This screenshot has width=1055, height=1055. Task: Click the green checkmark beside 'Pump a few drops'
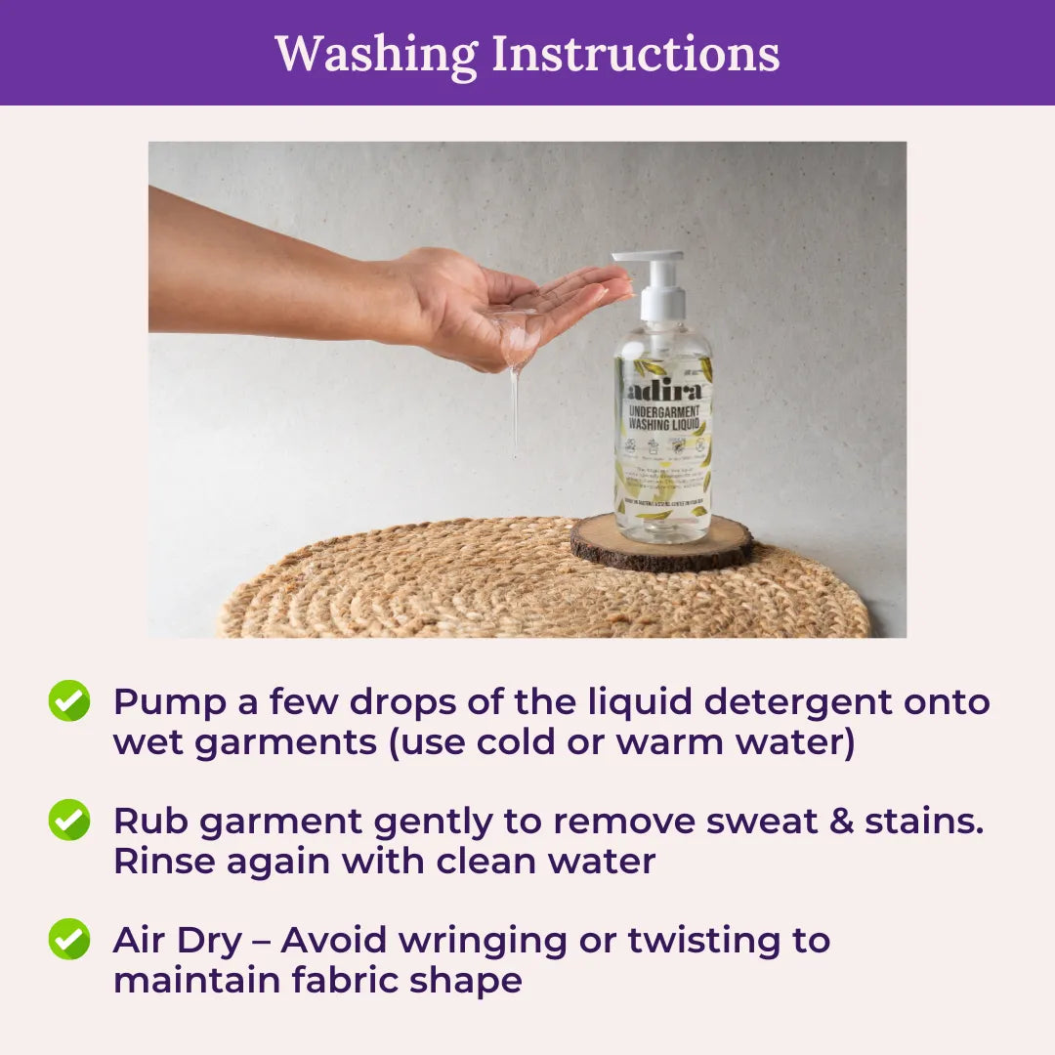point(69,701)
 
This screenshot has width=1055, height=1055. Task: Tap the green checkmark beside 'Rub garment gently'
point(69,820)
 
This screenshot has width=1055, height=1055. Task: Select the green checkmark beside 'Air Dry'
point(69,939)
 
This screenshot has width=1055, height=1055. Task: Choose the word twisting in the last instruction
point(695,941)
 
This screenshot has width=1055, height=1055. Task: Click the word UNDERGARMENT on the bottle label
point(663,411)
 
